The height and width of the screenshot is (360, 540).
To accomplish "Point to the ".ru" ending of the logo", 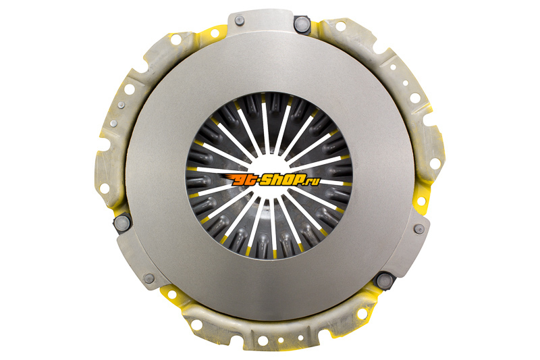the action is pos(313,181).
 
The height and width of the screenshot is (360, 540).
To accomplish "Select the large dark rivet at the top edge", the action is pos(301,24).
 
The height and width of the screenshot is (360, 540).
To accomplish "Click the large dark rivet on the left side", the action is pos(122,224).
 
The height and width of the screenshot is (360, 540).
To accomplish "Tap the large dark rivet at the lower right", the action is pos(384,281).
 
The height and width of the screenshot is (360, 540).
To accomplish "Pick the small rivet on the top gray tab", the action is pos(240,21).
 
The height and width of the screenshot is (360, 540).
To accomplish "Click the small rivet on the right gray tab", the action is pos(418,229).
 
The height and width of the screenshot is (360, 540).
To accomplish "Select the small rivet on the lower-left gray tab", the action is pos(148,278).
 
